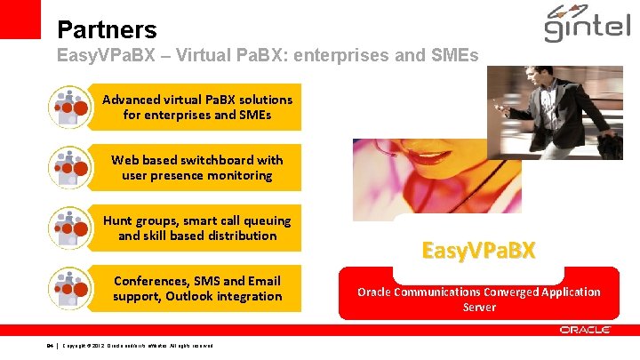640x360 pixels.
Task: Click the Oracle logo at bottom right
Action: click(585, 330)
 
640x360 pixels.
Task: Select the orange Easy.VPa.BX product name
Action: click(478, 250)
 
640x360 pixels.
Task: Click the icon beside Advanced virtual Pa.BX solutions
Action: click(68, 108)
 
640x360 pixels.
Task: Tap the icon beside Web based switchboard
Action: click(68, 168)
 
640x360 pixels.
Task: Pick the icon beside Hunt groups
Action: click(68, 228)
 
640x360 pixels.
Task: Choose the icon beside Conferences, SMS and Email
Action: click(68, 289)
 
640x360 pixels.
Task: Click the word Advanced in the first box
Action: click(132, 100)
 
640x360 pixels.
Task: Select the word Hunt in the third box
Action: click(119, 220)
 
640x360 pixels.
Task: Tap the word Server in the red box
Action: click(478, 307)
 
